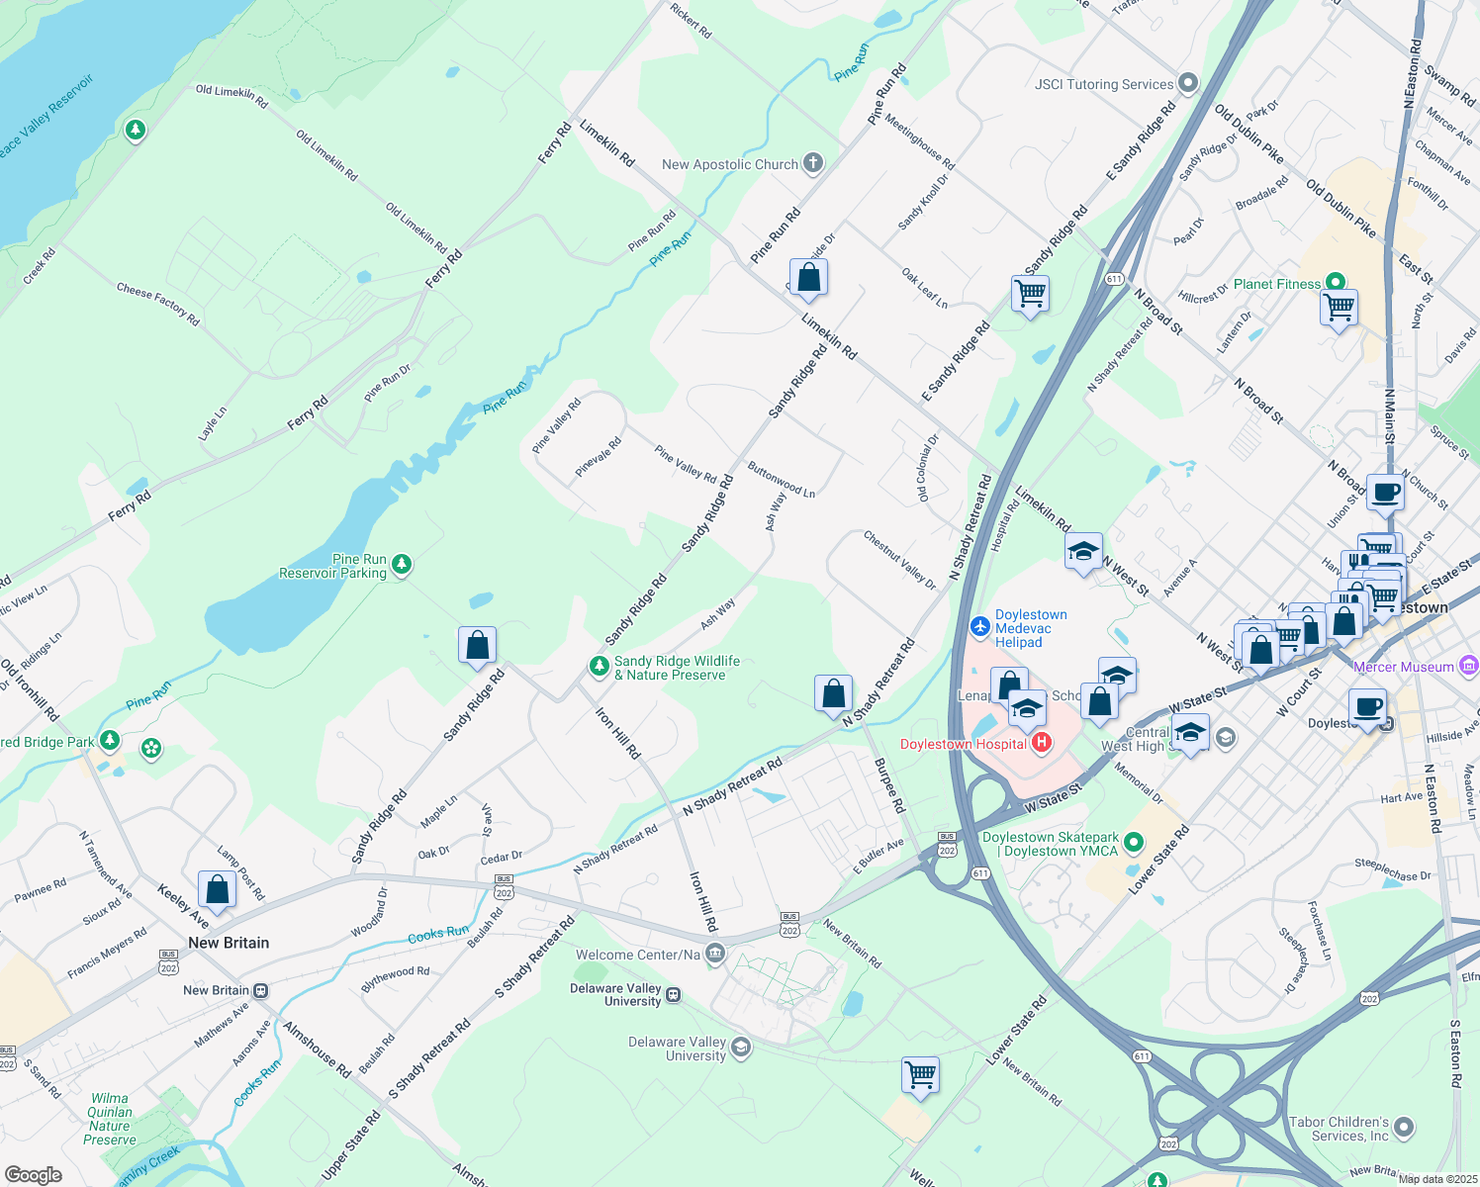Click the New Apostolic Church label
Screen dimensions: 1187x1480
point(730,164)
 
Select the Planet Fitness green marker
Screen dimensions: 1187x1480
point(1335,283)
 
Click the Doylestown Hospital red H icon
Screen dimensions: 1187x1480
point(1040,743)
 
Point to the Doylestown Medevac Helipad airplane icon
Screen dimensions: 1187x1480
point(979,626)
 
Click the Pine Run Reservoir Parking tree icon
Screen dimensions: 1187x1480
point(401,565)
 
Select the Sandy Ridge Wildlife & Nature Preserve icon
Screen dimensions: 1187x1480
point(599,667)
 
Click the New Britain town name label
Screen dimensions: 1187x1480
point(229,943)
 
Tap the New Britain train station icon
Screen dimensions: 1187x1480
point(260,990)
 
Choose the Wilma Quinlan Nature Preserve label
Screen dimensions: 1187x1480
point(109,1119)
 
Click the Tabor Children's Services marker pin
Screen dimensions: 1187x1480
point(1403,1128)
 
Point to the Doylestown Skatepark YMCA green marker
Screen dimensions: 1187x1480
point(1134,843)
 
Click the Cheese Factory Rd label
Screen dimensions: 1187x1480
point(157,304)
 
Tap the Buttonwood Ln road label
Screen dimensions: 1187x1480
point(782,479)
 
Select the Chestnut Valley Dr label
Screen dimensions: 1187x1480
point(899,560)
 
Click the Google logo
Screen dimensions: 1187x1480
point(33,1174)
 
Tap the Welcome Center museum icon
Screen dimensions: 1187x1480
point(715,954)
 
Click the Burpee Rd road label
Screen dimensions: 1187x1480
point(889,786)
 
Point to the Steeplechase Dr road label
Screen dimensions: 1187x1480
point(1392,869)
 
